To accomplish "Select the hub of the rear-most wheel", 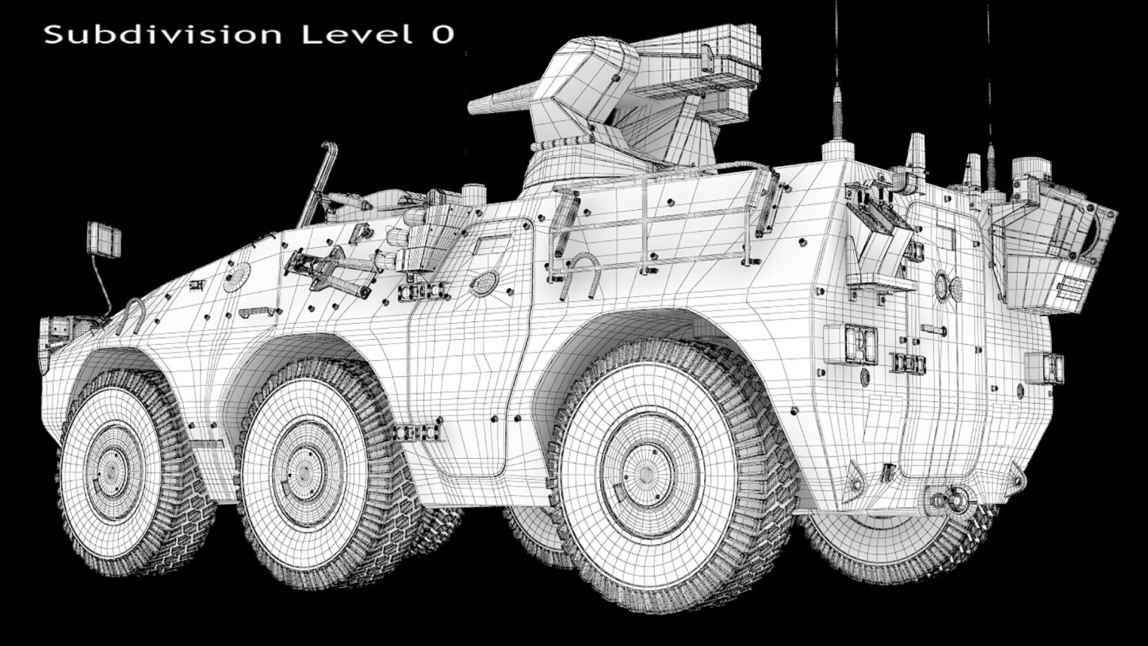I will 648,473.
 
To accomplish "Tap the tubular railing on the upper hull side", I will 658,221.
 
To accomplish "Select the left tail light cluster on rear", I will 857,345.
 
